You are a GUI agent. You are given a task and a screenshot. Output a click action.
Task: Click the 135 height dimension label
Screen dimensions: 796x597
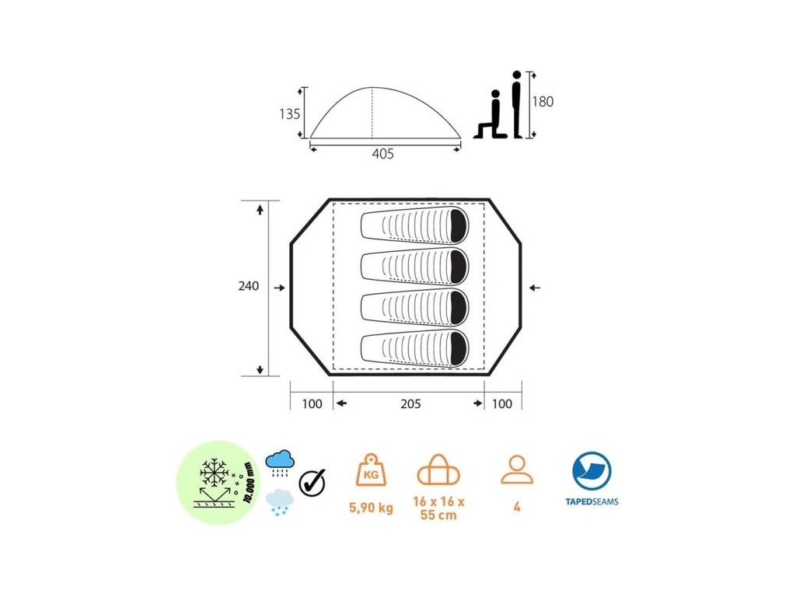[x=289, y=113]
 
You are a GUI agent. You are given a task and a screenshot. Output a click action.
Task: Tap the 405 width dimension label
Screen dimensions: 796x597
[x=382, y=154]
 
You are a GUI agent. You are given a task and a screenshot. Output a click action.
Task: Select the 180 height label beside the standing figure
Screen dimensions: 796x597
[x=543, y=102]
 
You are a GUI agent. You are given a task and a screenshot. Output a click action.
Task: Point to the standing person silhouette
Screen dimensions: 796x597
[x=517, y=104]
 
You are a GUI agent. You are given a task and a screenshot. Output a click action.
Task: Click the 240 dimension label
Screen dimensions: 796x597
[x=249, y=286]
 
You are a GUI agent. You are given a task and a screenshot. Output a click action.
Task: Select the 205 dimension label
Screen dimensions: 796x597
[x=410, y=404]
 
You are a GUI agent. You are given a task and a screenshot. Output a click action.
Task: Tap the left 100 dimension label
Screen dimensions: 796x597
[x=312, y=404]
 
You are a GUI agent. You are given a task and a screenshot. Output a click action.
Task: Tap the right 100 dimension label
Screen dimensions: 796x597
[x=501, y=404]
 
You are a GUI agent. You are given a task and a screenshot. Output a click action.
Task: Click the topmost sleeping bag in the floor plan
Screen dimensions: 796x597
[x=415, y=225]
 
